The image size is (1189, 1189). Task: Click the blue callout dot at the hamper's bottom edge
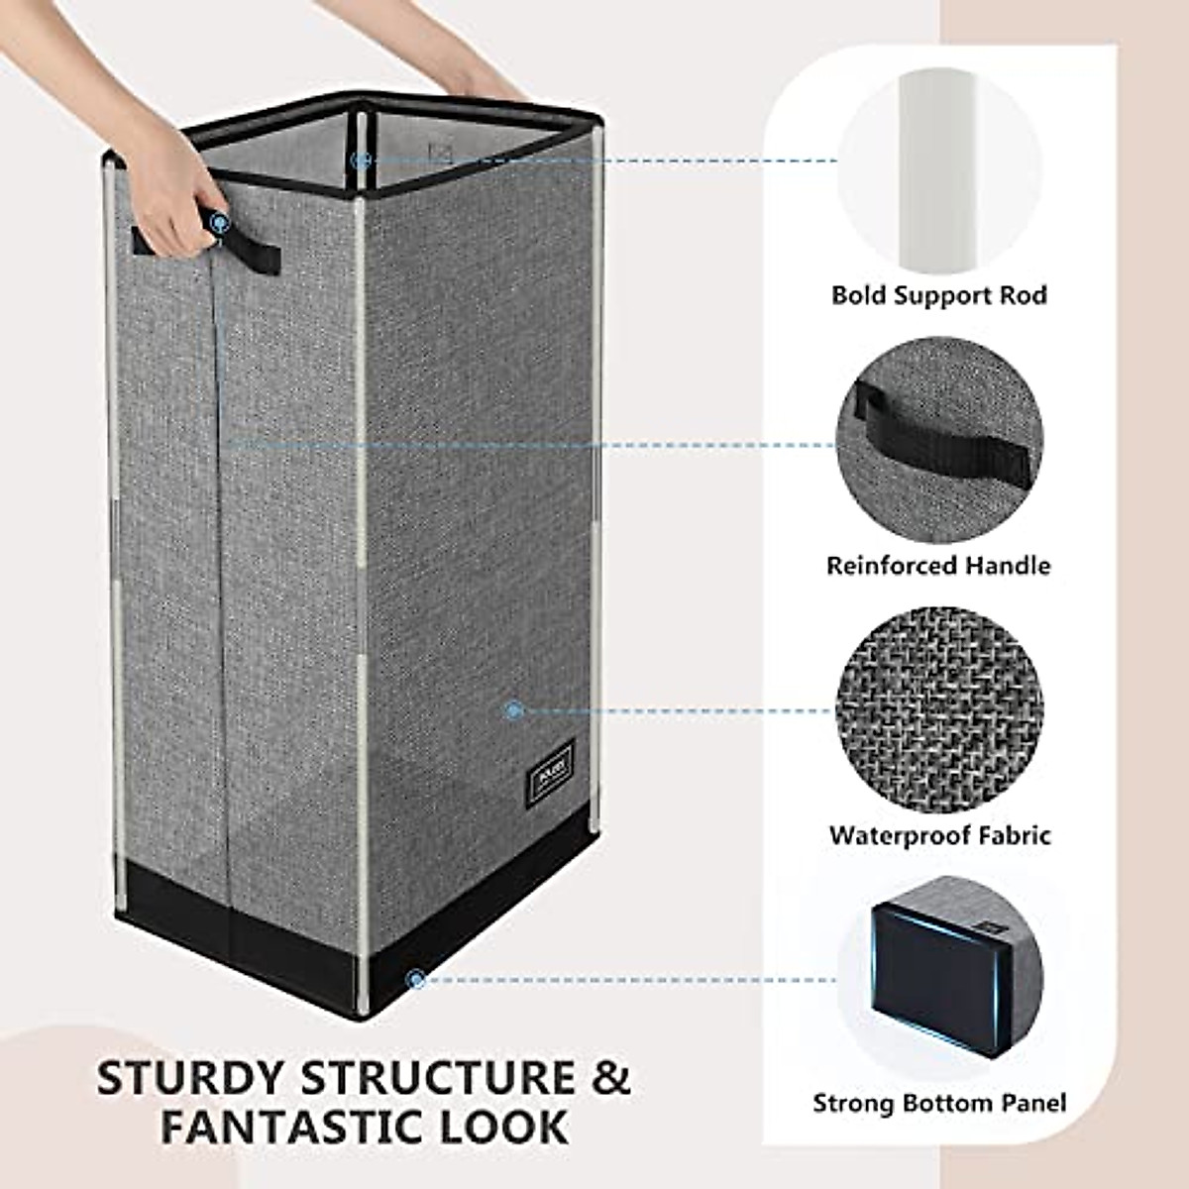417,980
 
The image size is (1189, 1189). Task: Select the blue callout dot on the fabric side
513,709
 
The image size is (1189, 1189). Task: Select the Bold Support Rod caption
938,294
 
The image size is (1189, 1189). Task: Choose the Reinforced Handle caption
938,565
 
